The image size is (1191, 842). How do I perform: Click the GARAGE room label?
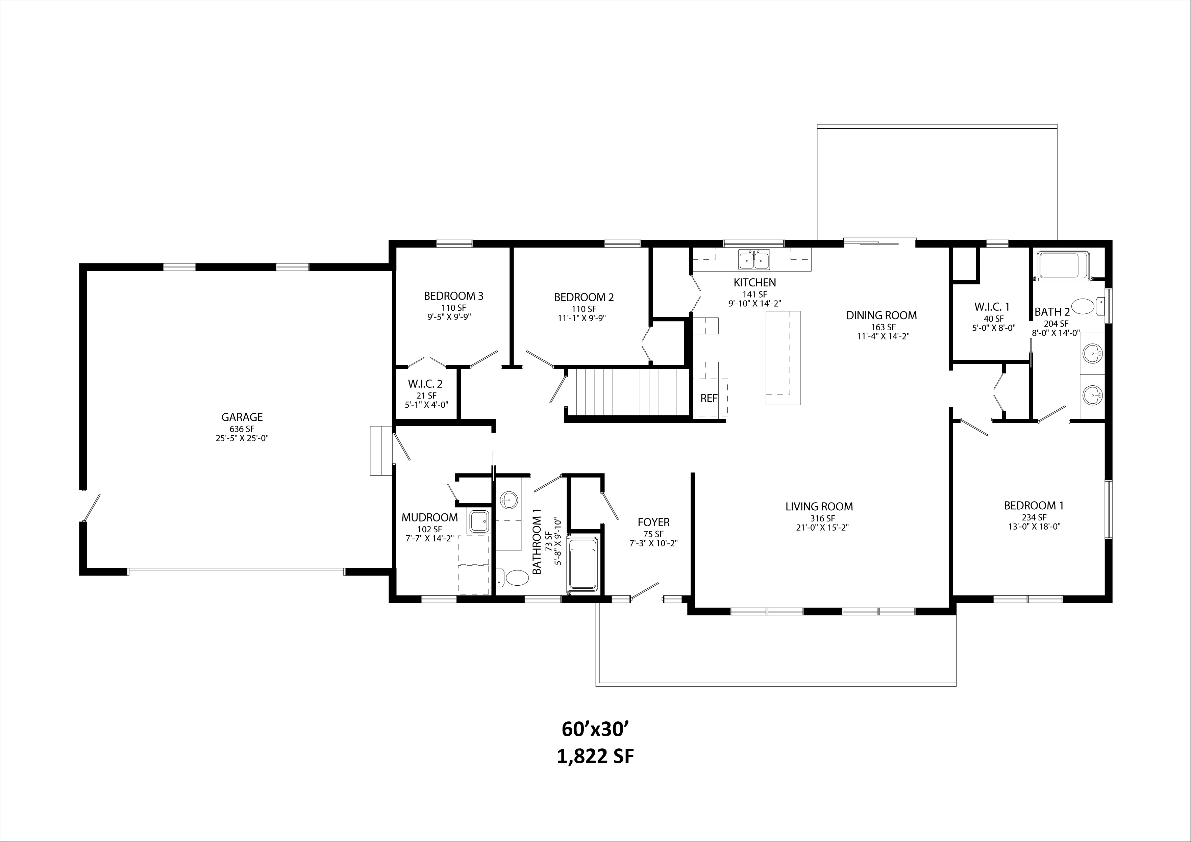242,417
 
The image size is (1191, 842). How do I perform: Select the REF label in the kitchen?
709,398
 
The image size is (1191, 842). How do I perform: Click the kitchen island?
783,358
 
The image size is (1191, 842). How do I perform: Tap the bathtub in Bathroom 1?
584,564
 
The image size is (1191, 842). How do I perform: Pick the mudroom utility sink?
478,521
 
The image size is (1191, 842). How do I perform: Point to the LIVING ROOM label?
819,507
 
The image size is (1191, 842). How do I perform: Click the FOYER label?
653,522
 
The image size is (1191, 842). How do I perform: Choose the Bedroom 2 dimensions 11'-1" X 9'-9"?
584,318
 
